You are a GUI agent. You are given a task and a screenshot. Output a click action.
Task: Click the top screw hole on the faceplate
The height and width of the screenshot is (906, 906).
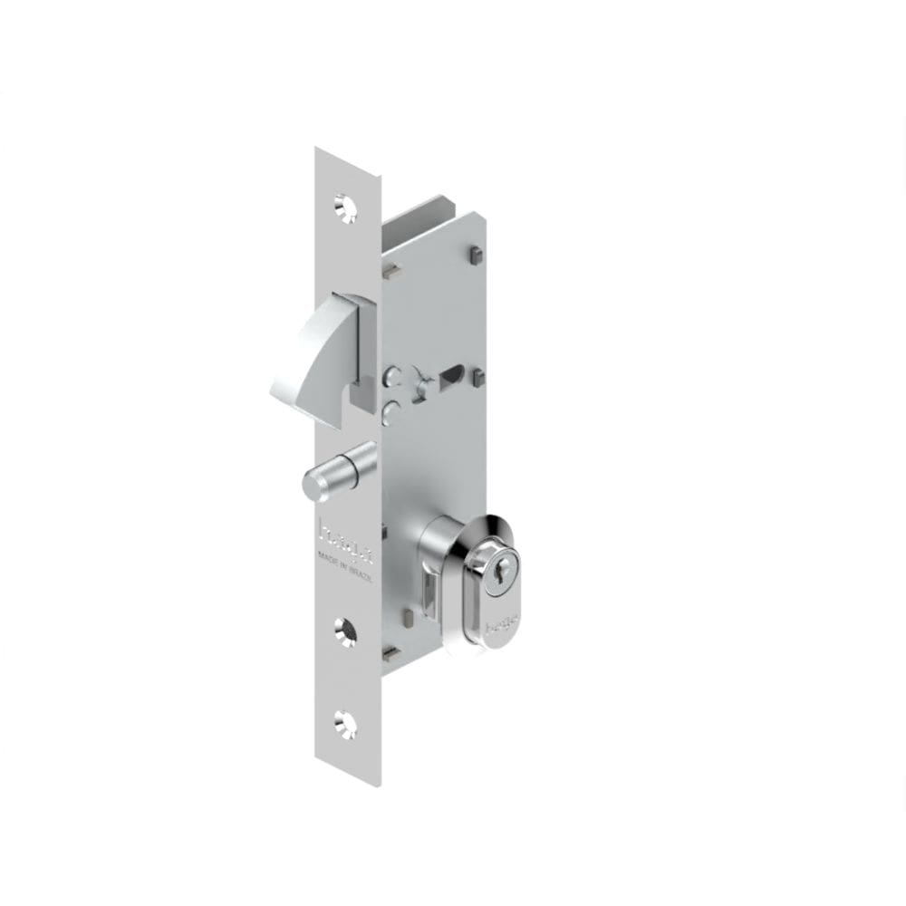(344, 207)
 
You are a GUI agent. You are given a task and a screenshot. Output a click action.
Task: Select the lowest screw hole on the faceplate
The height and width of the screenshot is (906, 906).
(344, 722)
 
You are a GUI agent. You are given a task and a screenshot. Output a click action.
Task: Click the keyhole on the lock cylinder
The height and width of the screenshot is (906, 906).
(494, 576)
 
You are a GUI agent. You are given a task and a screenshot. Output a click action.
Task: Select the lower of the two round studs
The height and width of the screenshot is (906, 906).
(390, 412)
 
